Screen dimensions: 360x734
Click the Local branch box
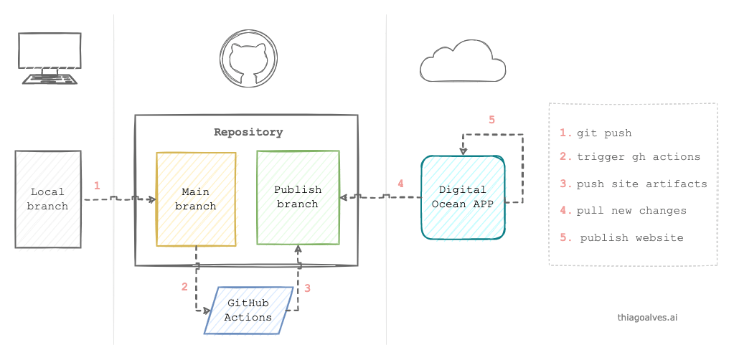coord(48,199)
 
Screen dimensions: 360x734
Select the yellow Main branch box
coord(196,199)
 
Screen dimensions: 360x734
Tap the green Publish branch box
coord(298,197)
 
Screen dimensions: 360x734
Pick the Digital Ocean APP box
coord(463,197)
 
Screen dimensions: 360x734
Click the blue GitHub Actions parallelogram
coord(248,310)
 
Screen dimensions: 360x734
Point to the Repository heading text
coord(248,132)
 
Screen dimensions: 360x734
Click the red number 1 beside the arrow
coord(97,185)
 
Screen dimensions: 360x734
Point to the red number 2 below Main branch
coord(184,287)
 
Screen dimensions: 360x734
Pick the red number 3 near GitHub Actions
coord(307,288)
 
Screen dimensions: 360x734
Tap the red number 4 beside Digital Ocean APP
coord(400,184)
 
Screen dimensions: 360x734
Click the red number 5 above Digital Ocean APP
coord(491,120)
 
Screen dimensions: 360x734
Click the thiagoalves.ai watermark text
coord(647,316)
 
